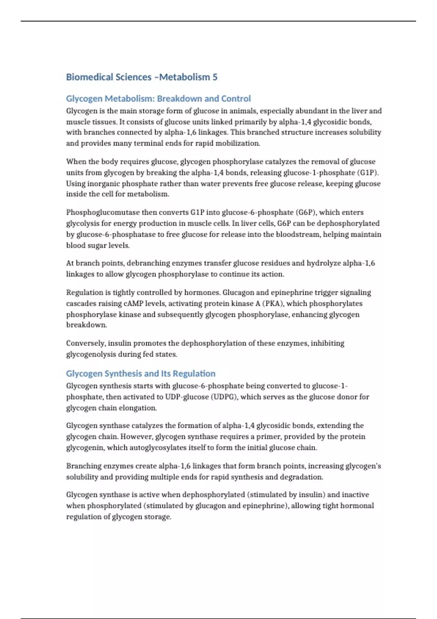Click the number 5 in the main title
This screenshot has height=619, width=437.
(x=215, y=77)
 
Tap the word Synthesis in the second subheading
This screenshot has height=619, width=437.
(x=123, y=374)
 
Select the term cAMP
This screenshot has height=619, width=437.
(x=134, y=303)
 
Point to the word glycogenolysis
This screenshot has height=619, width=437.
(x=91, y=354)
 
